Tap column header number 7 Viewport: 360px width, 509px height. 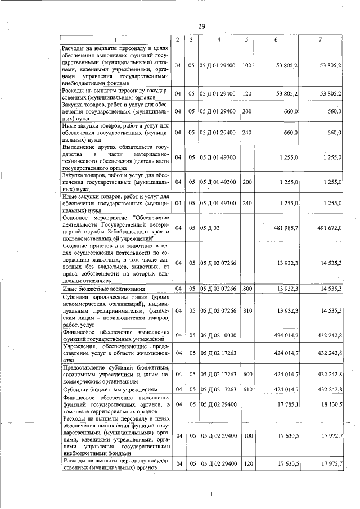tap(319, 39)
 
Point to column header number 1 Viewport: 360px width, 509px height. tap(114, 39)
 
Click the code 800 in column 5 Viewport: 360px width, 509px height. tap(246, 289)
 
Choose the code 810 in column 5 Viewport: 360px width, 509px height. tap(246, 310)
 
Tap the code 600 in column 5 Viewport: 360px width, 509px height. tap(246, 373)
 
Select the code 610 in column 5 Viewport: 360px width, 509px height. tap(246, 389)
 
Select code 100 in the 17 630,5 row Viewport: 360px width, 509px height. tap(246, 435)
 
